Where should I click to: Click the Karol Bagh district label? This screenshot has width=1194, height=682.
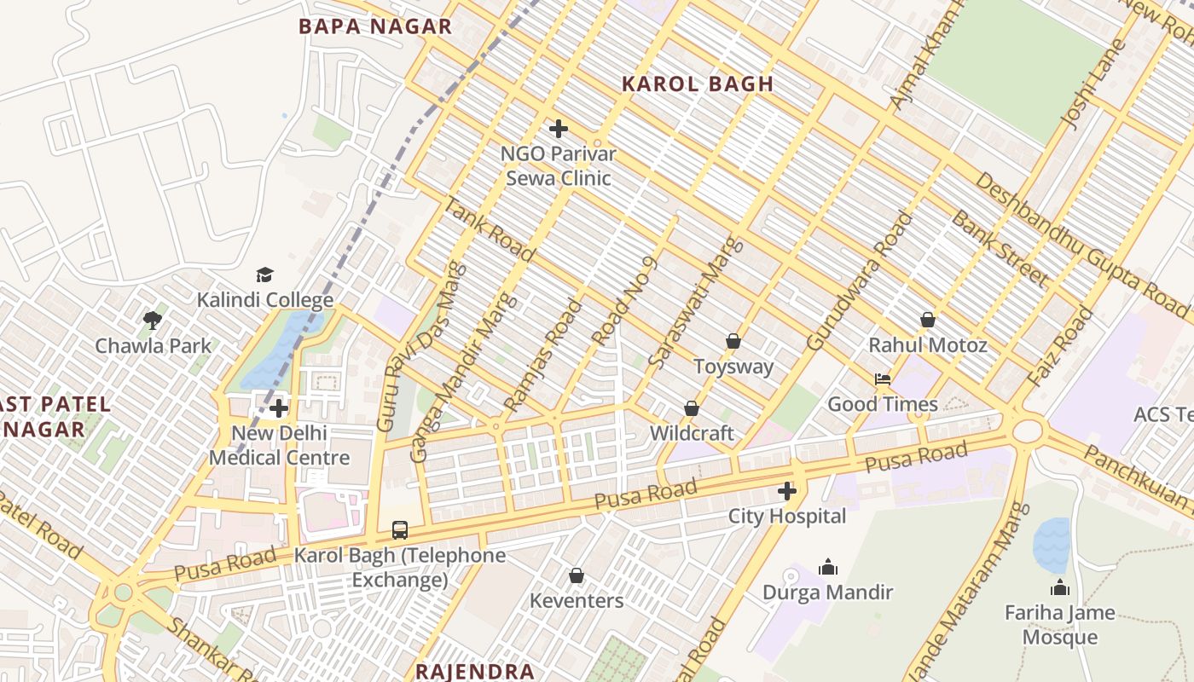pos(697,84)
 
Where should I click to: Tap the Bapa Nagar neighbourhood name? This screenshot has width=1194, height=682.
pos(375,26)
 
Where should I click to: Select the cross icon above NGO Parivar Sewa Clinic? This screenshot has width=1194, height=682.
pos(559,129)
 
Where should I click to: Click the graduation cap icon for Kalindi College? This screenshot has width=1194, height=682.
pos(264,275)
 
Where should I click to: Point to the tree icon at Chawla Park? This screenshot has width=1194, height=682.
pos(153,321)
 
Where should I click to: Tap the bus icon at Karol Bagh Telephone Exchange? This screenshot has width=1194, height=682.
pos(400,529)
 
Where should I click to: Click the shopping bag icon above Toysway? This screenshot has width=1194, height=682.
pos(733,341)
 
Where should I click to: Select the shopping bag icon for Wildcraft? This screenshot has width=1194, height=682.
pos(691,408)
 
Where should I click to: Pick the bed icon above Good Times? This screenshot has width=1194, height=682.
pos(883,379)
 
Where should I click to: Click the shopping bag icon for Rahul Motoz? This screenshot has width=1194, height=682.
pos(928,320)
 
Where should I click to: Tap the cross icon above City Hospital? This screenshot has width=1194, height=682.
pos(786,491)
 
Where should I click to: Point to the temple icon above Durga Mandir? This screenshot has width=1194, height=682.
pos(827,567)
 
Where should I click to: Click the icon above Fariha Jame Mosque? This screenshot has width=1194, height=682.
pos(1059,587)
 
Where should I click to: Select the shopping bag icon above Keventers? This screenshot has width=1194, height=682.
pos(577,575)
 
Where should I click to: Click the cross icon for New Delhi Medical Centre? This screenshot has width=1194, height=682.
pos(279,408)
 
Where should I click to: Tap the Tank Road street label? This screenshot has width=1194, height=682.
pos(489,229)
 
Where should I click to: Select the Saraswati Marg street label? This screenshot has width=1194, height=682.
pos(696,303)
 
